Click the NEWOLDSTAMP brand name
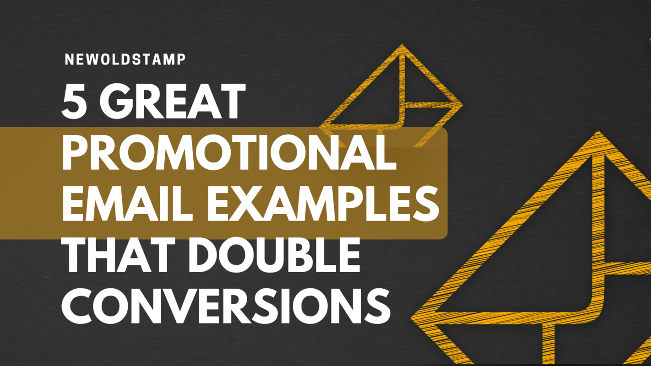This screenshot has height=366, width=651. click(x=125, y=59)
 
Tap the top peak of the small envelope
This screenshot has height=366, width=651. click(x=401, y=47)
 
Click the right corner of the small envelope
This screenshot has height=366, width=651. click(x=461, y=104)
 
